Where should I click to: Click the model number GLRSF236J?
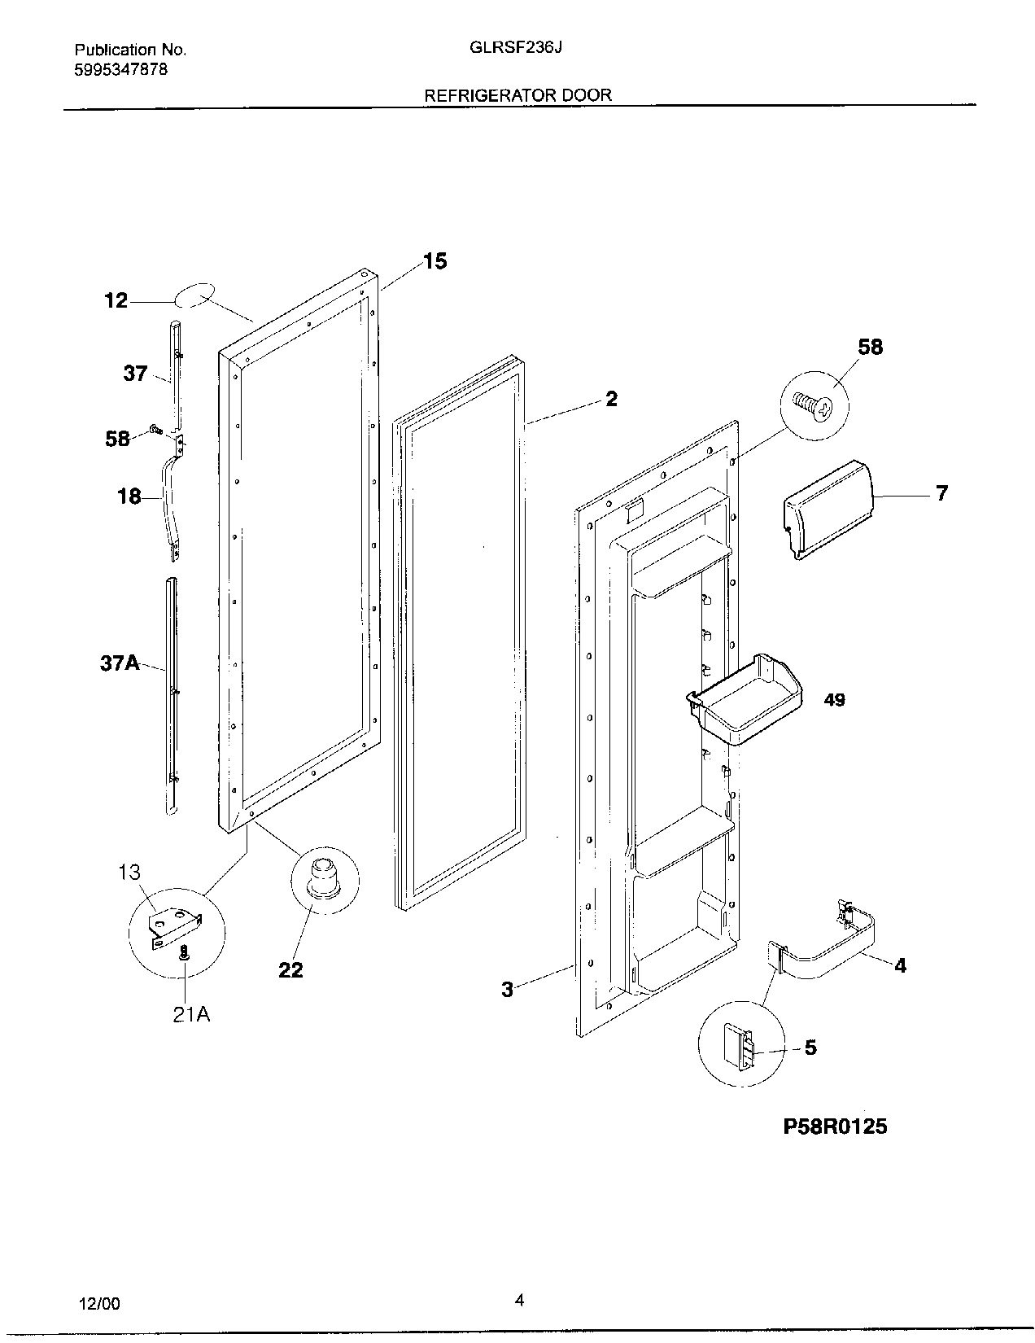pyautogui.click(x=517, y=47)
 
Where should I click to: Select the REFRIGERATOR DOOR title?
pyautogui.click(x=517, y=95)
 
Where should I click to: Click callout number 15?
pyautogui.click(x=435, y=261)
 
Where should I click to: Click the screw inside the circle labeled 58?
pyautogui.click(x=814, y=406)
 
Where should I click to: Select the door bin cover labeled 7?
pyautogui.click(x=825, y=509)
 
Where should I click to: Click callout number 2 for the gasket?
pyautogui.click(x=611, y=399)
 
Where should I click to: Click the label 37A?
pyautogui.click(x=119, y=663)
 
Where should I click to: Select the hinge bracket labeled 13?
pyautogui.click(x=172, y=927)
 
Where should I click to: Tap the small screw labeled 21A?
pyautogui.click(x=185, y=952)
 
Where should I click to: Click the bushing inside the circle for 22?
pyautogui.click(x=323, y=877)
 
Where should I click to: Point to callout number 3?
pyautogui.click(x=507, y=990)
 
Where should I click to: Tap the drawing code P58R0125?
pyautogui.click(x=835, y=1126)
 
